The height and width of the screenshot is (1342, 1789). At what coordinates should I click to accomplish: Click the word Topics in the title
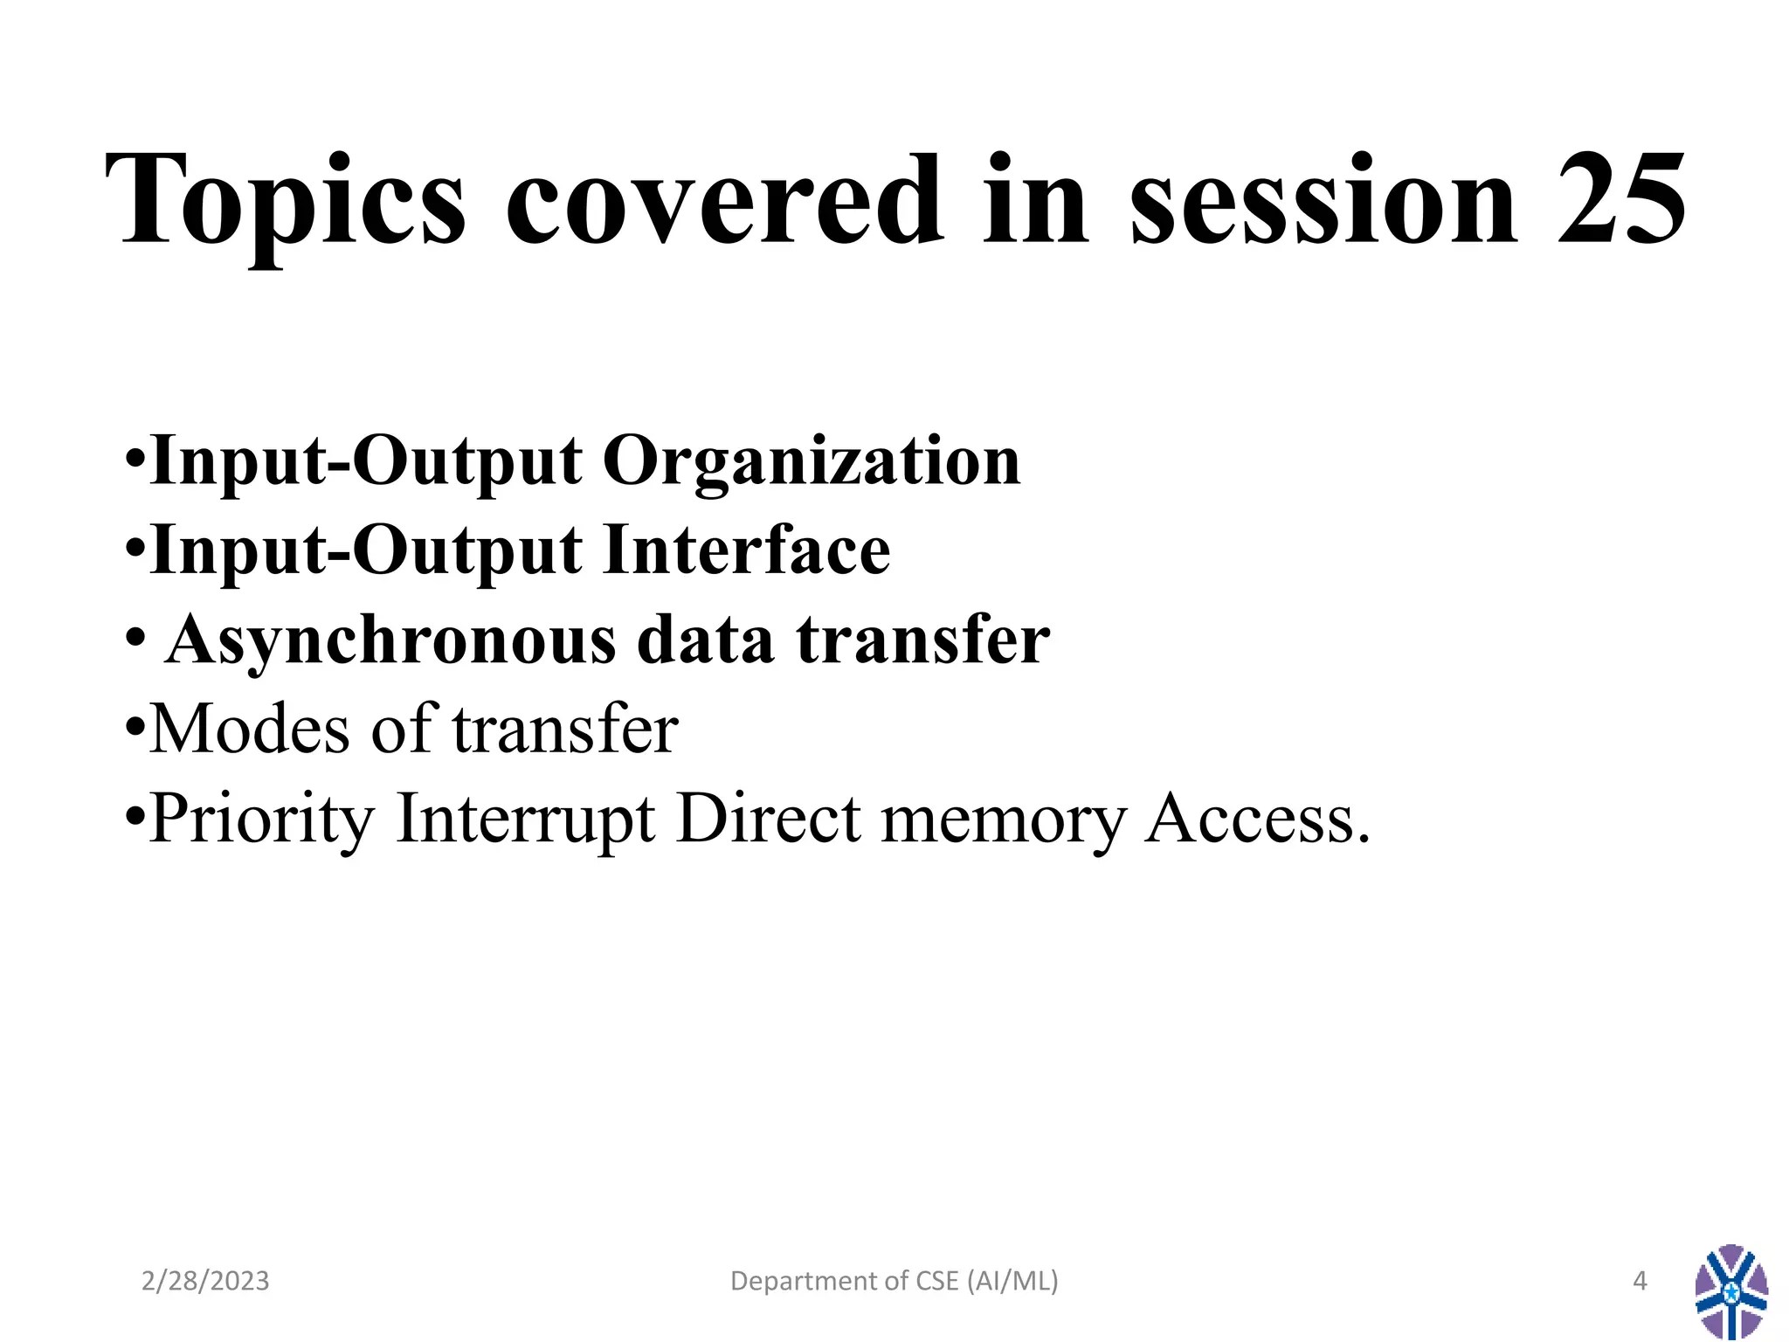[x=285, y=203]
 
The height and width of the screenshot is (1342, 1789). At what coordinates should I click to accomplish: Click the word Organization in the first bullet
[x=812, y=462]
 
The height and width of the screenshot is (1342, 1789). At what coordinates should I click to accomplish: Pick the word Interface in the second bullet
[x=747, y=550]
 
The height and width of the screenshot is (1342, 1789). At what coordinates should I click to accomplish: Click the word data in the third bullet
[x=706, y=640]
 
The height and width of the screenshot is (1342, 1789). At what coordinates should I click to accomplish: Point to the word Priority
[x=262, y=820]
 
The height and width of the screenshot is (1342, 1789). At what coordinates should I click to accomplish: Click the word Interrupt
[x=526, y=820]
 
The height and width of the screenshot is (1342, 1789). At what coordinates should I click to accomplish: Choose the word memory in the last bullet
[x=1004, y=820]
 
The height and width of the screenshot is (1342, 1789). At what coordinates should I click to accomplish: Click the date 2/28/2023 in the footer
[x=205, y=1281]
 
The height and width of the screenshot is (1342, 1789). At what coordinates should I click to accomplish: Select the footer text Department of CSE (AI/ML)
[x=894, y=1281]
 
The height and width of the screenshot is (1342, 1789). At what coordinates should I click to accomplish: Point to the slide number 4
[x=1639, y=1281]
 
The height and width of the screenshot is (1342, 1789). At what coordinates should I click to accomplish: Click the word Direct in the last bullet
[x=769, y=820]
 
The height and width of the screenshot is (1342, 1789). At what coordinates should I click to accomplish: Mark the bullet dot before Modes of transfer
[x=135, y=727]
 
